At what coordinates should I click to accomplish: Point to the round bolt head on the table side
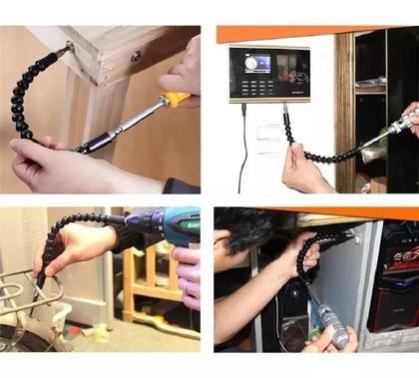click(136, 56)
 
